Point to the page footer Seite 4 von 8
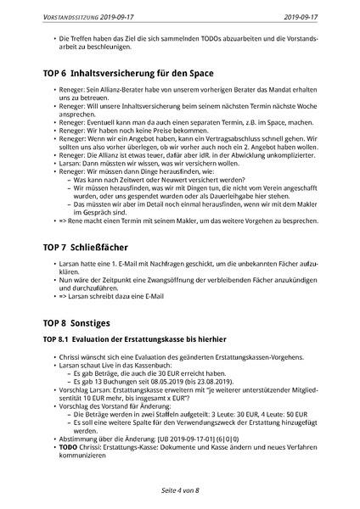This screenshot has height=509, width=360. (180, 491)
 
